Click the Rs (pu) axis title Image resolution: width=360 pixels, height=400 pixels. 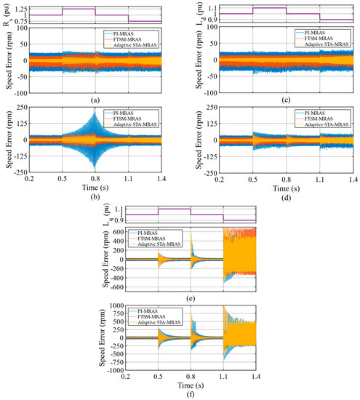(7, 12)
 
